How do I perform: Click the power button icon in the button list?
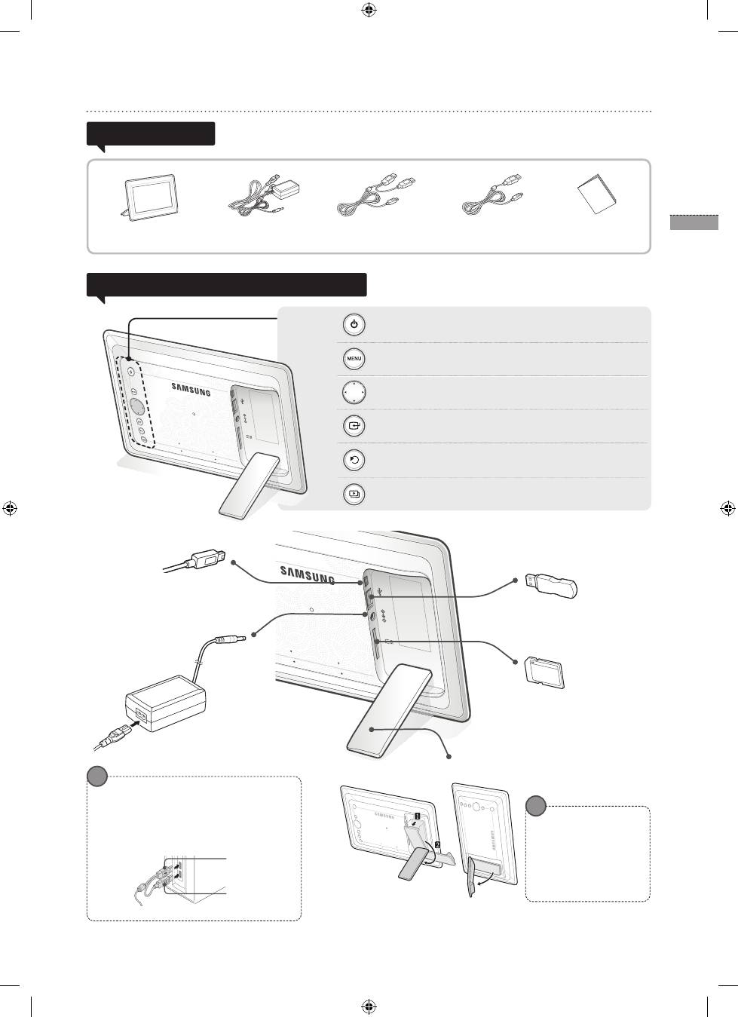(x=354, y=325)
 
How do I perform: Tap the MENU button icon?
(x=354, y=359)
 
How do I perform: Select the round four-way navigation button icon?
(x=354, y=392)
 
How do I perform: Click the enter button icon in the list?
(x=354, y=426)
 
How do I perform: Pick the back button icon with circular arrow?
(x=354, y=460)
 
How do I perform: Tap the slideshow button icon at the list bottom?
(x=354, y=494)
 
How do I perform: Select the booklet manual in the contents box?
(x=597, y=194)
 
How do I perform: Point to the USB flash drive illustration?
(x=551, y=585)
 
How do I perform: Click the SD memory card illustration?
(x=545, y=673)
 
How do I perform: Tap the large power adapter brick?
(x=166, y=703)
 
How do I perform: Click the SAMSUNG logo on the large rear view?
(x=308, y=574)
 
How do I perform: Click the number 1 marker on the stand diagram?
(x=417, y=816)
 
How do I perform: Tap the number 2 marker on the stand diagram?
(x=437, y=844)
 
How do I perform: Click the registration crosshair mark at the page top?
(x=369, y=10)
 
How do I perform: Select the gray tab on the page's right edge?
(x=694, y=222)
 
